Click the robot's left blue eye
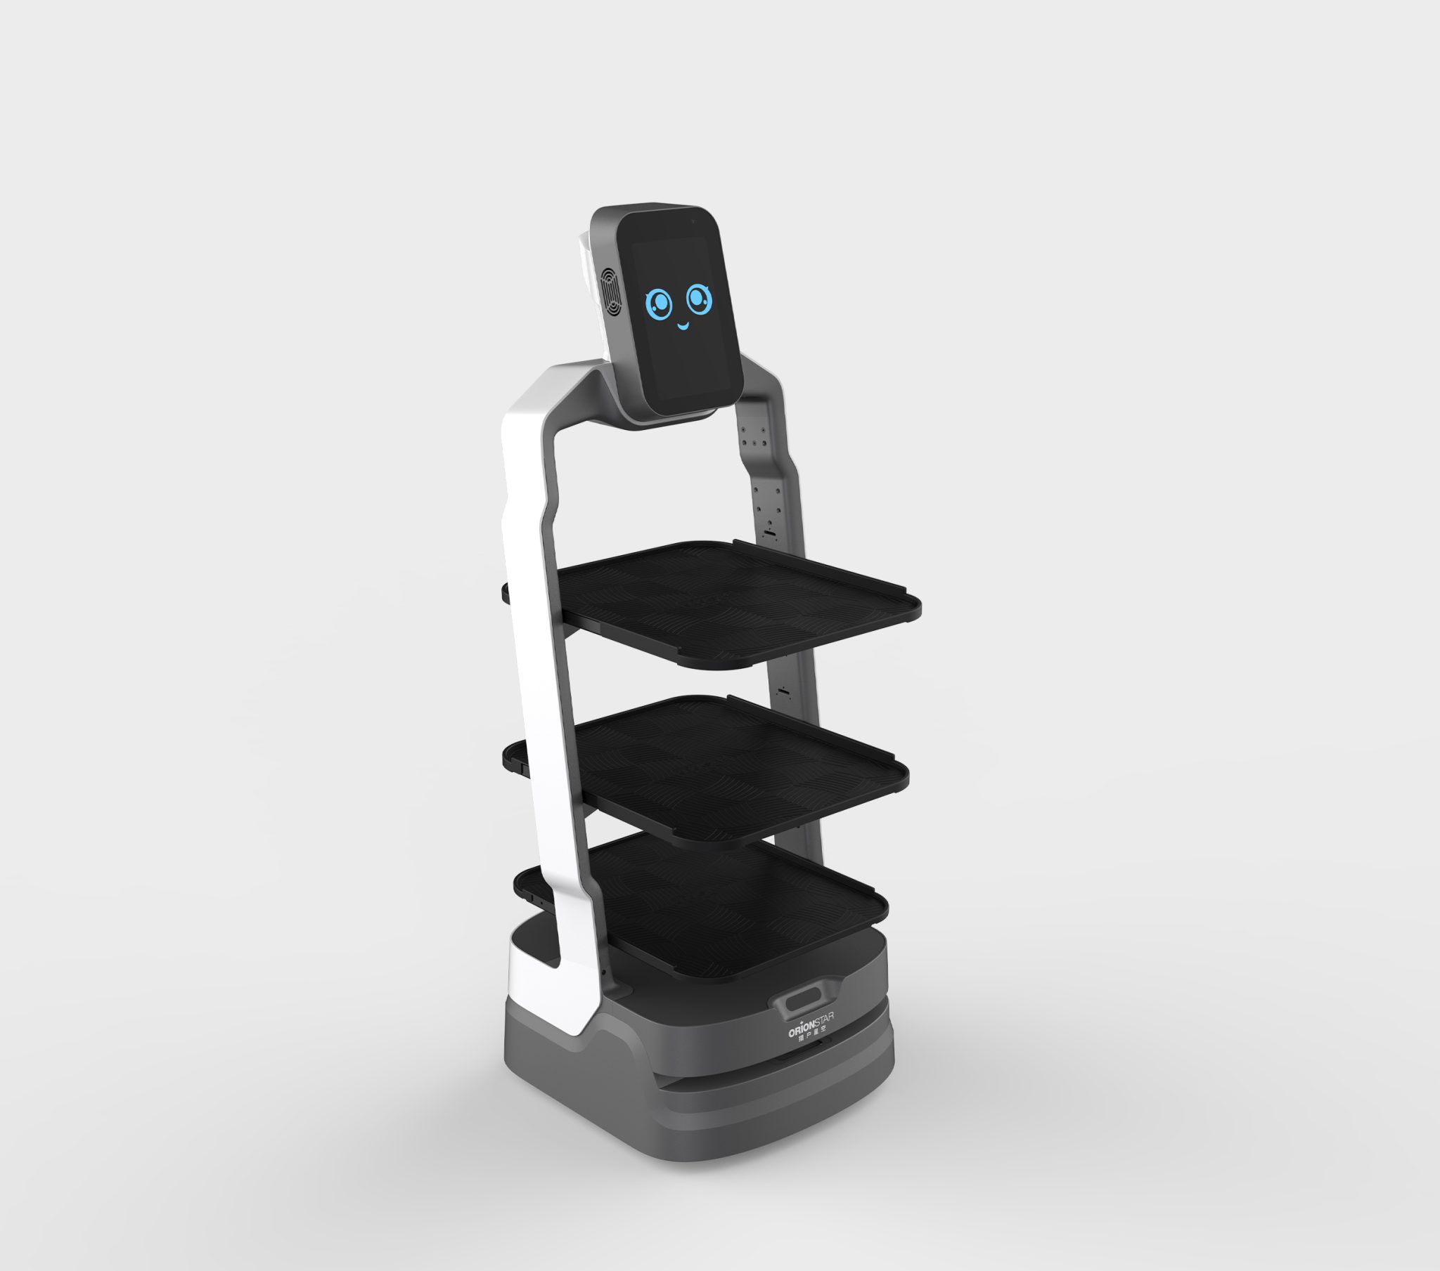660,304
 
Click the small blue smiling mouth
682,326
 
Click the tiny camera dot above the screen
693,221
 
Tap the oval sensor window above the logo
801,999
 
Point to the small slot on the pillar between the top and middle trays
783,692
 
